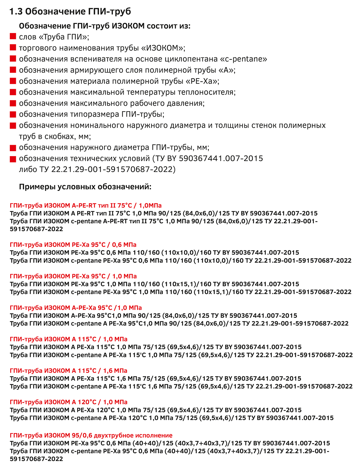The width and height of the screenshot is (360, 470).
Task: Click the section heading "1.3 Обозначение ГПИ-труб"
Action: tap(70, 11)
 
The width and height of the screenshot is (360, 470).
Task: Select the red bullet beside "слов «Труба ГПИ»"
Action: tap(13, 37)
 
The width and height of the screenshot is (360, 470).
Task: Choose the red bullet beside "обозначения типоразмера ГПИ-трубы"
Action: tap(13, 114)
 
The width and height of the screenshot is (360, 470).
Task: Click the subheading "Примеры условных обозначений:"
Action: tap(85, 187)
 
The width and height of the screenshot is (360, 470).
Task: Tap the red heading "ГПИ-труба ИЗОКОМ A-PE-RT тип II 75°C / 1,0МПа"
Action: tap(85, 205)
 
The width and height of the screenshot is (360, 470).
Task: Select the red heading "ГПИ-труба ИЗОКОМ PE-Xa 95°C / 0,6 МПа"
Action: tap(73, 245)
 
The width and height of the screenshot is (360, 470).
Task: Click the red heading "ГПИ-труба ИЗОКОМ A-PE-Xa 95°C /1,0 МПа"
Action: tap(76, 308)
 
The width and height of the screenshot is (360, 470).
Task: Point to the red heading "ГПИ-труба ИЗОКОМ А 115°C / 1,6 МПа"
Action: tap(68, 370)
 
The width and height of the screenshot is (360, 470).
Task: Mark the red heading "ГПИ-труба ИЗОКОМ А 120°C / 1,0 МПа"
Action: tap(68, 402)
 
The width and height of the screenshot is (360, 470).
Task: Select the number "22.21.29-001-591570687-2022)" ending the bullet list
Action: tap(113, 170)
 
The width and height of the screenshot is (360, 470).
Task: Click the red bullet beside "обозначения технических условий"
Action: tap(13, 159)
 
